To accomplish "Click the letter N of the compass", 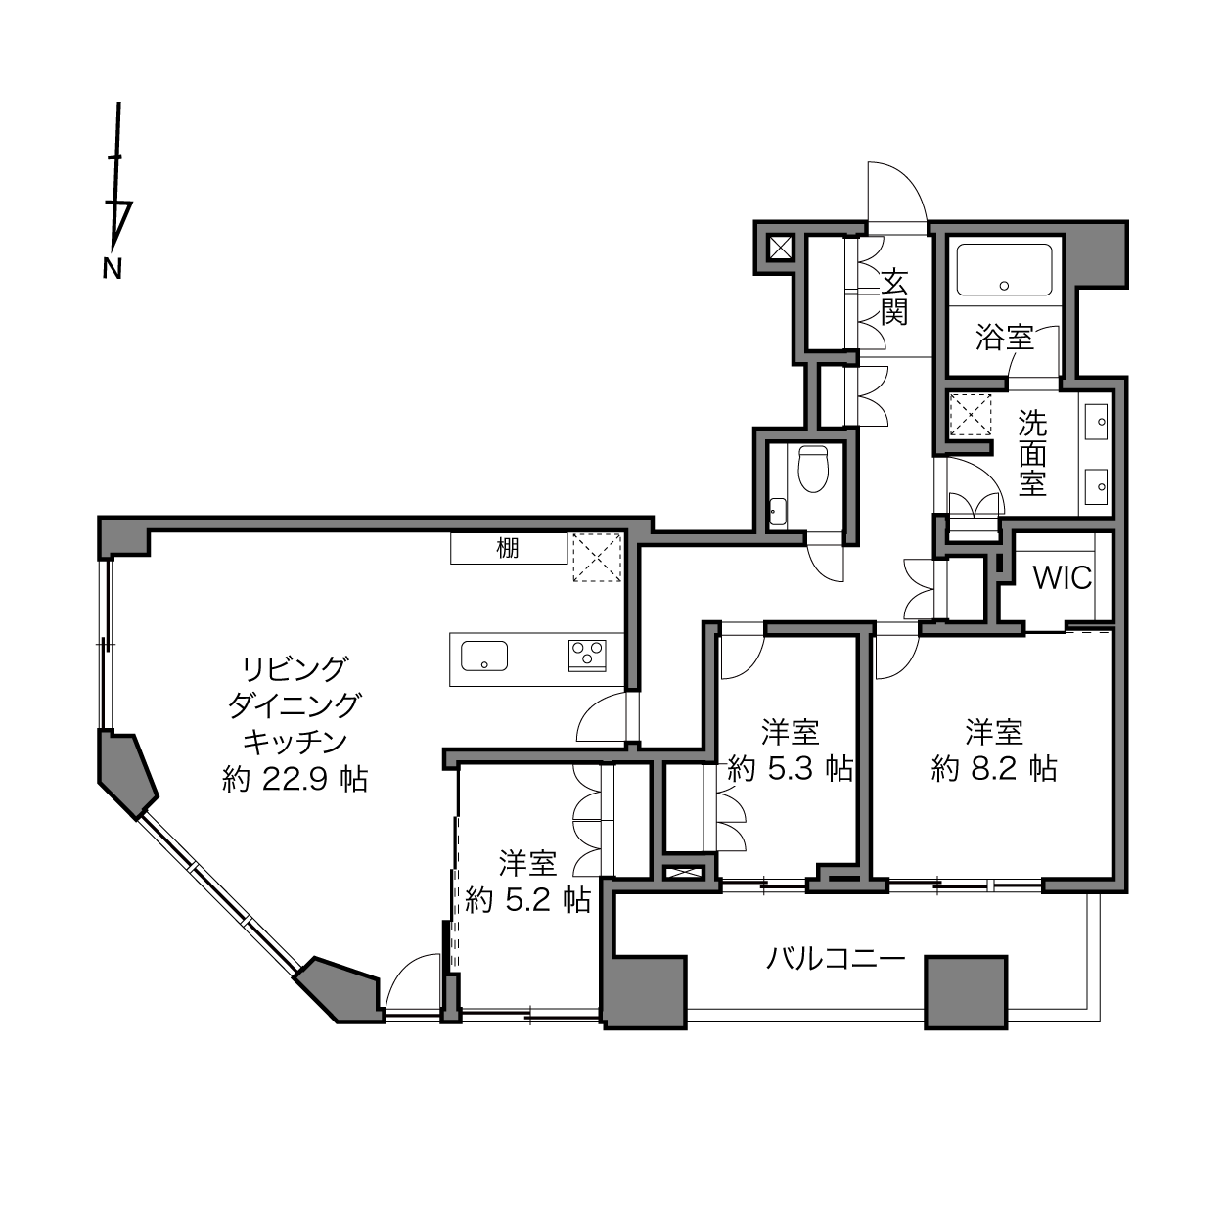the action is click(112, 269).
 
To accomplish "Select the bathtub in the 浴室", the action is click(1004, 270).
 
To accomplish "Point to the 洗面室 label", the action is click(1032, 453).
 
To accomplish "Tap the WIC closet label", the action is click(1063, 578).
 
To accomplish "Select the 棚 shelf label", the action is click(507, 548).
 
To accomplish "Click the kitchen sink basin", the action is click(484, 657).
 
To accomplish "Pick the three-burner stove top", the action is click(587, 656).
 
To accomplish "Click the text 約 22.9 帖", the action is click(295, 779).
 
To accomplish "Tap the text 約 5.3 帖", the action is click(790, 769).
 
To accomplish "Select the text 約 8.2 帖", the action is click(994, 769).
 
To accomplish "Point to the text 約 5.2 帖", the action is click(527, 900).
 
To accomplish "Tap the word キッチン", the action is click(295, 742).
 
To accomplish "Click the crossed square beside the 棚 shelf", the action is click(596, 557).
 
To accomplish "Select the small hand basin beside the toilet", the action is click(777, 512).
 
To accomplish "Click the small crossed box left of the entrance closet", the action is click(780, 247).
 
